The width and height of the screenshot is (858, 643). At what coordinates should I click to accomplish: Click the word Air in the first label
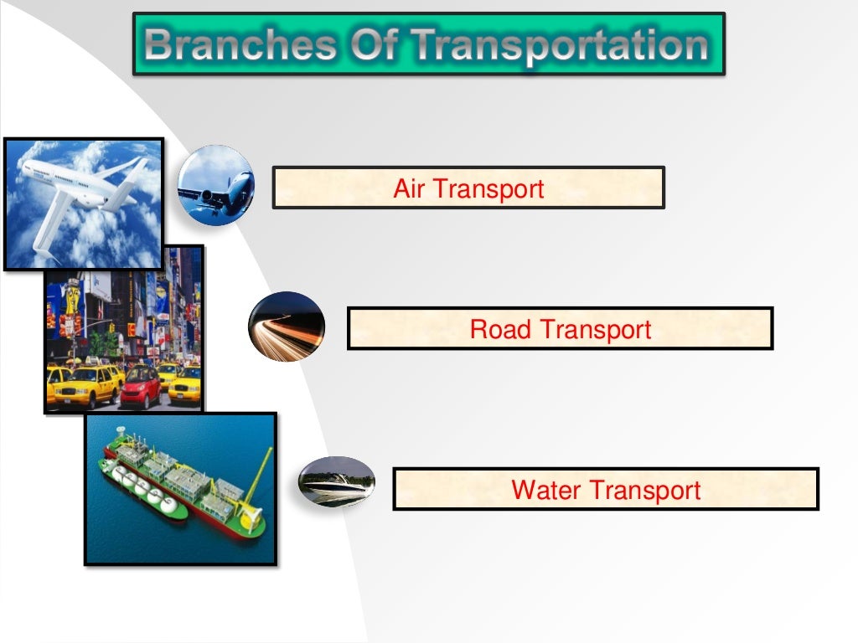(411, 188)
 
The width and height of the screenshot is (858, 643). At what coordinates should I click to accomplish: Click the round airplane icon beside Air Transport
(216, 184)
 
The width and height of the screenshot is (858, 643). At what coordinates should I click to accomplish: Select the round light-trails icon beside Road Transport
(287, 327)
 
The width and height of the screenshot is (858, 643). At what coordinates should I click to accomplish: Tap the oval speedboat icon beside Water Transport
(337, 482)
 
